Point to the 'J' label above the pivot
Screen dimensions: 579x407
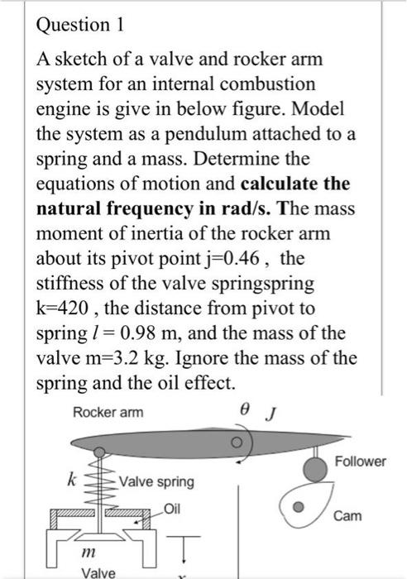(x=271, y=411)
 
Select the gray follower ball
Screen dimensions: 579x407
(x=314, y=469)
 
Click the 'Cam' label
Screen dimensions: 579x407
(x=347, y=515)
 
